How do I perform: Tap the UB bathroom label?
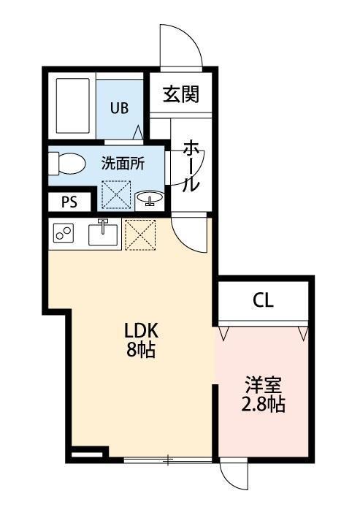[119, 108]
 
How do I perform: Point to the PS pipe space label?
[69, 202]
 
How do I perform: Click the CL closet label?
[264, 300]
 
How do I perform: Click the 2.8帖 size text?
[264, 404]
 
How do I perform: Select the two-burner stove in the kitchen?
[64, 234]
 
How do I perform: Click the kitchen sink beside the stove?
[104, 234]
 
